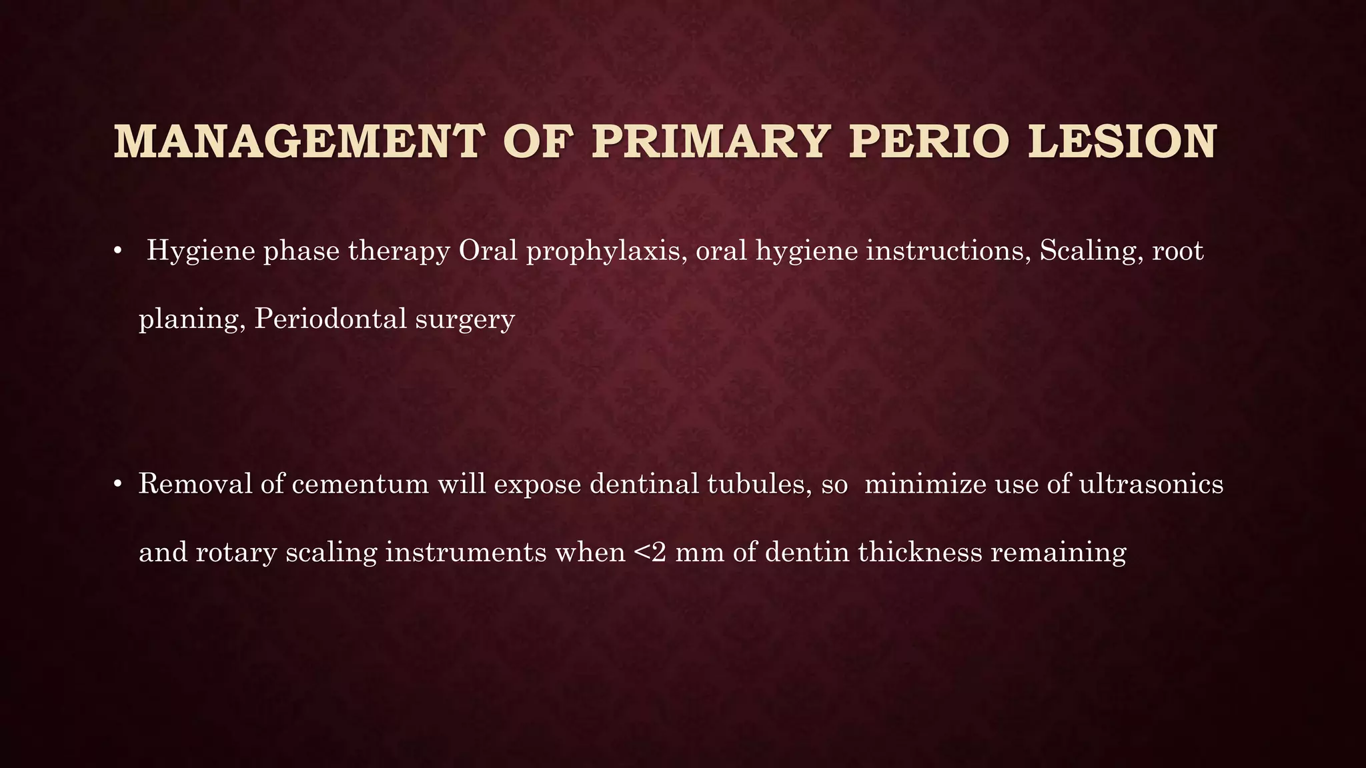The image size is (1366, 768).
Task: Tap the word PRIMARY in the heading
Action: (708, 142)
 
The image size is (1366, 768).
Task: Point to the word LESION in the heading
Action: (1123, 142)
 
